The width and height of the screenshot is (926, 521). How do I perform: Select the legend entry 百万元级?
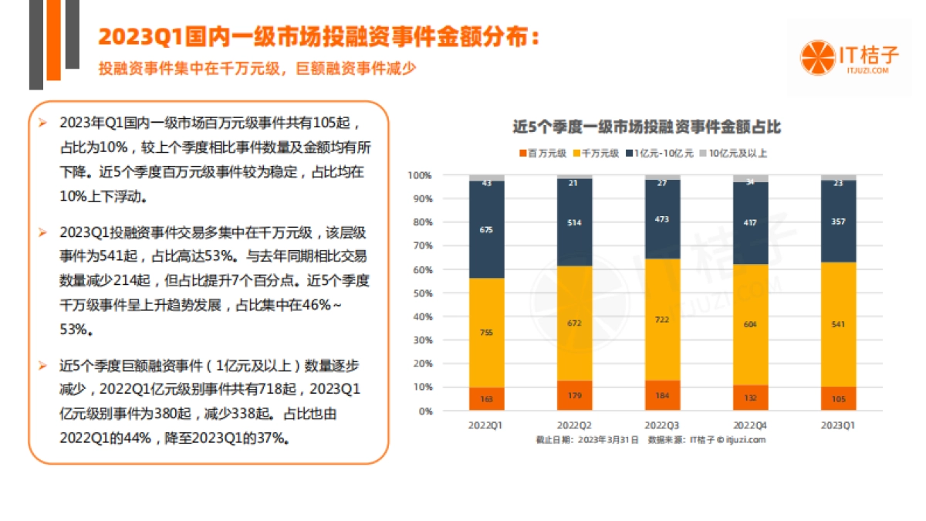pos(549,153)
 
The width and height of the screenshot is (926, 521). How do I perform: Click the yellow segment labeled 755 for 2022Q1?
pos(486,333)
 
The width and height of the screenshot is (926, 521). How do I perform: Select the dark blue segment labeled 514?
pos(574,222)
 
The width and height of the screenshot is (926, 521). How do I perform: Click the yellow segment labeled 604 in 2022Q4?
pos(751,325)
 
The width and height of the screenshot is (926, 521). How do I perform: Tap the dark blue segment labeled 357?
pos(839,222)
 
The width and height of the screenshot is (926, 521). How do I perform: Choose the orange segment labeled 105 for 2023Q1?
pos(839,399)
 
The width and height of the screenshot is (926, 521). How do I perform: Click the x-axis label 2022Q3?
pos(662,425)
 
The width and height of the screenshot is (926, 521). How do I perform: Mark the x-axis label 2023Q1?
pos(839,425)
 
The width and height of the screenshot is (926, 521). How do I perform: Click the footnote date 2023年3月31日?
pos(610,440)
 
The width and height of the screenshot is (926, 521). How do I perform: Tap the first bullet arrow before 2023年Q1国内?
pos(44,123)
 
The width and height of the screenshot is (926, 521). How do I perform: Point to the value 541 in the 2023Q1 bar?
pos(839,324)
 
